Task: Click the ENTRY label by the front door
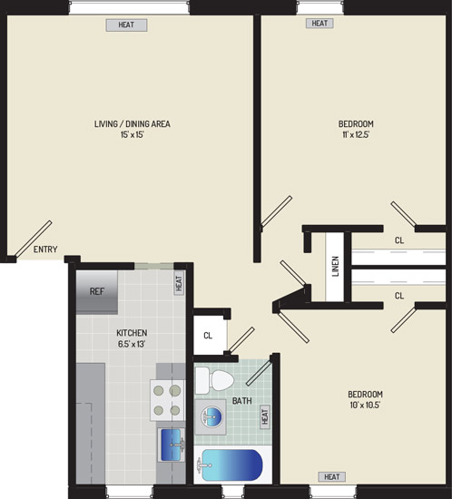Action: [x=45, y=249]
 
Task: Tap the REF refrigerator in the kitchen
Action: [x=97, y=292]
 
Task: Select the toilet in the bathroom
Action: [x=214, y=381]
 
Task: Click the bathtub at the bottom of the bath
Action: [x=232, y=465]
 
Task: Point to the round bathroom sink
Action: [x=211, y=416]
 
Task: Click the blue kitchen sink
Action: [x=172, y=445]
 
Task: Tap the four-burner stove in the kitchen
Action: [x=167, y=400]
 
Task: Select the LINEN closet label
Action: [x=335, y=266]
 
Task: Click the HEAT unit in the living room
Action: [x=126, y=24]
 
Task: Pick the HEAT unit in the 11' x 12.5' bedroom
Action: [x=319, y=24]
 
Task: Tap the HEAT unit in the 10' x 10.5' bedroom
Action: [x=331, y=476]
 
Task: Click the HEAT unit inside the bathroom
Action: [x=265, y=416]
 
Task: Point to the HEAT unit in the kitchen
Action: [x=179, y=282]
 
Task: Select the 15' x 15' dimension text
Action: [x=133, y=134]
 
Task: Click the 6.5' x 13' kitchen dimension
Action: [x=132, y=344]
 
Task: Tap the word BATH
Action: [x=242, y=401]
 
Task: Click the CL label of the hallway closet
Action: [x=208, y=336]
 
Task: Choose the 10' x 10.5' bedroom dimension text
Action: [x=365, y=406]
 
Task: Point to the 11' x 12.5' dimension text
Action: [x=356, y=134]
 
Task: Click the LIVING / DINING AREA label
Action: [x=133, y=123]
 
